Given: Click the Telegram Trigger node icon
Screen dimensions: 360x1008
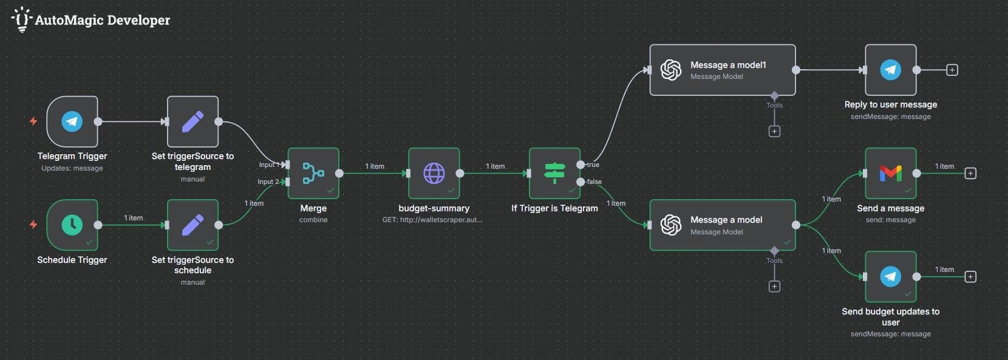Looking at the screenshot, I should [x=72, y=121].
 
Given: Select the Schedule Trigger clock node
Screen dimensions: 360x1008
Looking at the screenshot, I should [x=72, y=225].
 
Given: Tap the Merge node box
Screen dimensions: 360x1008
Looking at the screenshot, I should [x=313, y=174].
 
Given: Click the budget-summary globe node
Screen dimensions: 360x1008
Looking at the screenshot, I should [x=434, y=174].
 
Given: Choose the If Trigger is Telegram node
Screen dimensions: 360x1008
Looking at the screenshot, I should [x=554, y=174].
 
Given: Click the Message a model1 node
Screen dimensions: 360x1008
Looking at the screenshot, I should [x=723, y=70].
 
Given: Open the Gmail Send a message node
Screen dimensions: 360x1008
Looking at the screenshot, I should [x=891, y=174].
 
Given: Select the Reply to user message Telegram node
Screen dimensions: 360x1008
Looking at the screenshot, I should [x=891, y=70].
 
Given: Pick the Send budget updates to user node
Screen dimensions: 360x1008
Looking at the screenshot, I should [x=891, y=277].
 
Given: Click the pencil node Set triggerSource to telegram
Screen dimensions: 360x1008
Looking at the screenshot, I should [x=192, y=121].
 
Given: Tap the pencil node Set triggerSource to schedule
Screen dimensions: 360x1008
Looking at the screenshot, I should [x=192, y=225].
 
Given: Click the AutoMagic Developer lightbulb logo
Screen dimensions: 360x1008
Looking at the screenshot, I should [x=22, y=19].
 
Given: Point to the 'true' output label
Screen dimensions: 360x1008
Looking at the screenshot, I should [x=593, y=165].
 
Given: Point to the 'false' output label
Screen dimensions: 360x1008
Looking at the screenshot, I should [x=594, y=182].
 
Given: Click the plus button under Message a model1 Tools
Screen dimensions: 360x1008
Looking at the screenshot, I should [x=774, y=131].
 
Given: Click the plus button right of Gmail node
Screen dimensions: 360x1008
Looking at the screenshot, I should [x=970, y=174].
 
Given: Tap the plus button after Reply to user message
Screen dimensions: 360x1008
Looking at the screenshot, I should [x=952, y=70].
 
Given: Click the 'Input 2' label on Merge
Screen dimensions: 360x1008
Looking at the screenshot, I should [x=268, y=182].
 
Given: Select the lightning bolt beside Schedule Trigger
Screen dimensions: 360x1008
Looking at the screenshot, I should [x=33, y=225].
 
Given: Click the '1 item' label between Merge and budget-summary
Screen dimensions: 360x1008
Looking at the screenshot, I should [x=375, y=166].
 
